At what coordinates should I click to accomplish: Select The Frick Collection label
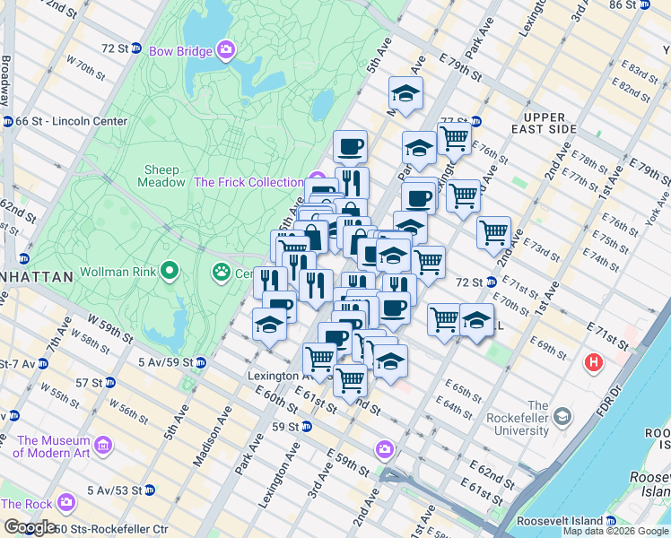click(x=248, y=182)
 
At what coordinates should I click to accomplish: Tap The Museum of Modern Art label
click(x=53, y=447)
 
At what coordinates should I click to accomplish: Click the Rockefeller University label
click(x=517, y=424)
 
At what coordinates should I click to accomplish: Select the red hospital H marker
click(x=593, y=363)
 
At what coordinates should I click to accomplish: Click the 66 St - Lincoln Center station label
click(x=71, y=121)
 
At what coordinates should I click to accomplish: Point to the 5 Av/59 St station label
click(x=166, y=362)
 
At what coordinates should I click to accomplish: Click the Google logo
click(x=30, y=527)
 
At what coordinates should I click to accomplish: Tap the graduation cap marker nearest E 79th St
click(x=405, y=93)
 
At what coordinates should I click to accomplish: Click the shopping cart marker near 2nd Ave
click(x=493, y=232)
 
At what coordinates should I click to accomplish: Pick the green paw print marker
click(x=222, y=271)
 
